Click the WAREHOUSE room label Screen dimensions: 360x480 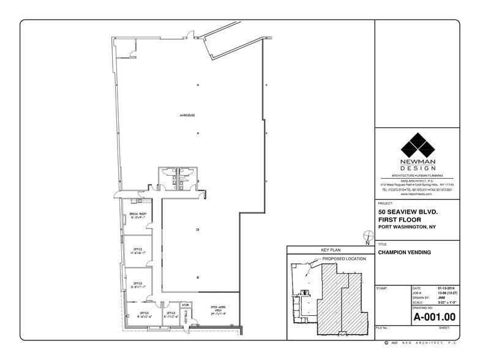point(187,115)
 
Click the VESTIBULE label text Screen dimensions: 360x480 point(186,317)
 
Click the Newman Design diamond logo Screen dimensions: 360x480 point(418,148)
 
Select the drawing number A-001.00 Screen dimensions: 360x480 point(434,317)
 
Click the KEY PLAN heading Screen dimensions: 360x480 point(330,250)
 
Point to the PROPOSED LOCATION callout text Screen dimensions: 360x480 point(344,259)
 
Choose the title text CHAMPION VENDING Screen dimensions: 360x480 point(404,252)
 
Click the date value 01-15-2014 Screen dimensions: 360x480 point(446,288)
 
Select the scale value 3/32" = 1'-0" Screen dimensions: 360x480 point(446,302)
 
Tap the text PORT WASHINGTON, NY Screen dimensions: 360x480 point(407,227)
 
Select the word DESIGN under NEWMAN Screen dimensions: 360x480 point(418,168)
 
